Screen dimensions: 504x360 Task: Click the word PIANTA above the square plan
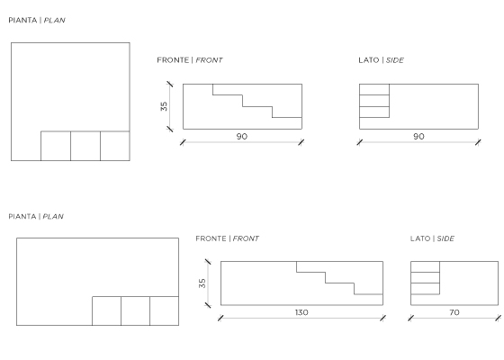22,20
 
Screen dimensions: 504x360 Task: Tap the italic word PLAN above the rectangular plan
53,216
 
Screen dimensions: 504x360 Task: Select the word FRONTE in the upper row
173,60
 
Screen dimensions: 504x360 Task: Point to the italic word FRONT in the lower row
246,238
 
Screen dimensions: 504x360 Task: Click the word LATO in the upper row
369,60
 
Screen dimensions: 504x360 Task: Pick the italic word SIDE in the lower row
445,238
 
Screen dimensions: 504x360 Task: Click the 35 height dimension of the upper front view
164,106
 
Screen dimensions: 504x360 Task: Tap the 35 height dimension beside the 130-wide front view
202,283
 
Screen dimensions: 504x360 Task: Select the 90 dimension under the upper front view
242,136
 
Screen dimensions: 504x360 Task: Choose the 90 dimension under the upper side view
418,136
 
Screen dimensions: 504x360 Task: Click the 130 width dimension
301,312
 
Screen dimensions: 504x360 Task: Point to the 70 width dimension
454,312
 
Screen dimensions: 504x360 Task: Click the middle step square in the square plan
85,146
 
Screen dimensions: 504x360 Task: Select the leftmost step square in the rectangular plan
107,310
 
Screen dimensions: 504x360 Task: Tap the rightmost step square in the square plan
115,146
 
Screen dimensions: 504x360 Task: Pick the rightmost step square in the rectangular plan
164,310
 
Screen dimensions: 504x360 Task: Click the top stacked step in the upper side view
374,89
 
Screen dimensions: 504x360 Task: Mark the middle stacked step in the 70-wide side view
425,278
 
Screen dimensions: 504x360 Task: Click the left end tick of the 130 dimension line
220,319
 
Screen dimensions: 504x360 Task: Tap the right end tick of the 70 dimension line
498,319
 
